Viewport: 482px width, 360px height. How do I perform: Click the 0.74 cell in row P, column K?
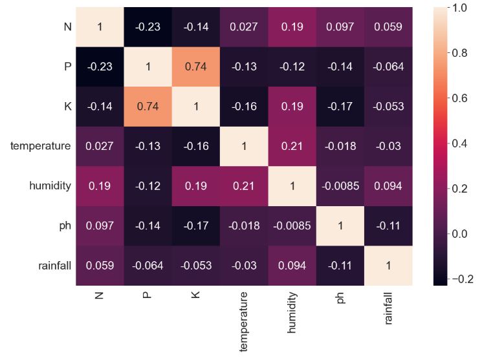[196, 67]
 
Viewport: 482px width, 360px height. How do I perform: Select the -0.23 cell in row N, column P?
[148, 27]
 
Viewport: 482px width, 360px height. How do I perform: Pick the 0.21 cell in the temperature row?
[292, 146]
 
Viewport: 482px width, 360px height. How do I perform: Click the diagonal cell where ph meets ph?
[340, 226]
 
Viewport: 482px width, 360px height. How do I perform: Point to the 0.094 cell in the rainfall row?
[292, 266]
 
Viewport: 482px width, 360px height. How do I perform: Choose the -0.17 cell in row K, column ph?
[340, 107]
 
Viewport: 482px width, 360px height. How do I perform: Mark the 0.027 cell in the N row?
[244, 27]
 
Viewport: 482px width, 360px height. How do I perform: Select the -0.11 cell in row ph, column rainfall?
[388, 226]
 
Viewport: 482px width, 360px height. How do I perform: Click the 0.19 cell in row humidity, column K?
[196, 186]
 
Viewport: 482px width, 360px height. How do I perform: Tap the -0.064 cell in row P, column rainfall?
[388, 67]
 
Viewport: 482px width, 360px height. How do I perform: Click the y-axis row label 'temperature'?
[40, 146]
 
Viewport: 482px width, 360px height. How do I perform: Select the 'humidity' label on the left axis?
[50, 186]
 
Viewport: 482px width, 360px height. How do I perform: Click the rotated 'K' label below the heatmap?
[196, 295]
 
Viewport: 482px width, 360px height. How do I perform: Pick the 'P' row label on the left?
[67, 67]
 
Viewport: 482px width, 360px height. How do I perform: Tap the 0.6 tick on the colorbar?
[459, 98]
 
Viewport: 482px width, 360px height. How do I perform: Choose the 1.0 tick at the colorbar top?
[459, 8]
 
